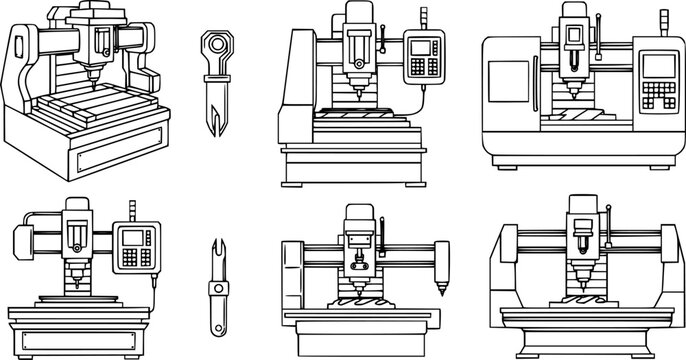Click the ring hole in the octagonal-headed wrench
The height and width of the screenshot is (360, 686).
pos(219,46)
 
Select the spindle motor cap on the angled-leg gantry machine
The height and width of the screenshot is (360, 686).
pos(579,206)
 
